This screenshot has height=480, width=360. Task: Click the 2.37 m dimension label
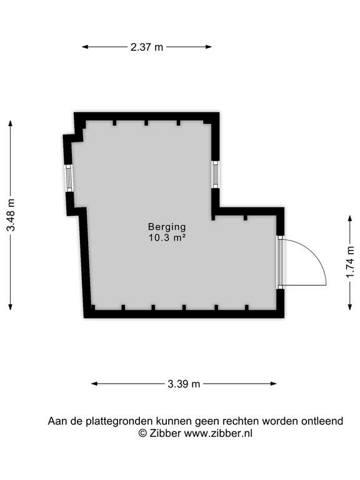[147, 47]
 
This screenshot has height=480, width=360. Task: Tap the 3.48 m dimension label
[11, 215]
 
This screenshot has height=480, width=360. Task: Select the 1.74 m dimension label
[350, 262]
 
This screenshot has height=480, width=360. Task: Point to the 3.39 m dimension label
[184, 384]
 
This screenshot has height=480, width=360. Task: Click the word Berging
[167, 227]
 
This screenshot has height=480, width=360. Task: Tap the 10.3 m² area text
[167, 237]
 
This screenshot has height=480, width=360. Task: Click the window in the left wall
[69, 178]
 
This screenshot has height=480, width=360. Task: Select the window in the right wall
[216, 174]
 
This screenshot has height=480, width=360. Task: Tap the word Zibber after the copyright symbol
[165, 433]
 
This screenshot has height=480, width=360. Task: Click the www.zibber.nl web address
[218, 433]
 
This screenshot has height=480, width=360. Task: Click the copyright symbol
[142, 434]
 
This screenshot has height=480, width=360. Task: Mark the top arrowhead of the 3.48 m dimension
[11, 124]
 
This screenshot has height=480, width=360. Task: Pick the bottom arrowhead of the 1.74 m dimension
[350, 306]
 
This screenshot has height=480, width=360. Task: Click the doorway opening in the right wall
[281, 262]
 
